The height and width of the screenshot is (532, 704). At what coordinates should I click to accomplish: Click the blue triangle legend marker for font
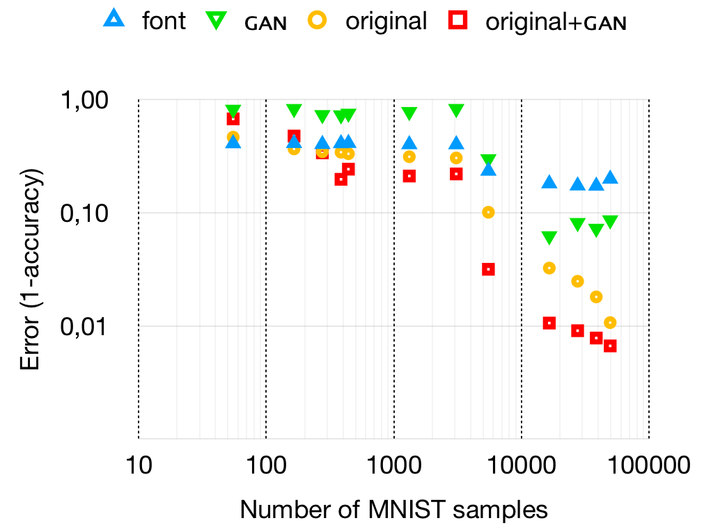tap(114, 21)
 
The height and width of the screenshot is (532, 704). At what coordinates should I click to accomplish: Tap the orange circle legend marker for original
tap(317, 21)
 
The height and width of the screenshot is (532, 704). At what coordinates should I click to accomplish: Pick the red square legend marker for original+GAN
tap(456, 22)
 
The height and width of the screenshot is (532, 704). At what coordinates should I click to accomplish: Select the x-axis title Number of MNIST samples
tap(393, 510)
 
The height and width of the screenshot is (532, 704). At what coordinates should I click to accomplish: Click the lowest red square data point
tap(611, 346)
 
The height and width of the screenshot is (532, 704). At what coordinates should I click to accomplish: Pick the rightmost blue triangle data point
tap(611, 177)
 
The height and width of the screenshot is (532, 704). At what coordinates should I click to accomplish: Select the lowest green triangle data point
tap(549, 238)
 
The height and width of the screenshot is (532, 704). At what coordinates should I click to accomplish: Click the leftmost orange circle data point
tap(233, 137)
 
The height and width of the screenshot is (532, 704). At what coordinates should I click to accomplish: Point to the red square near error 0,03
tap(488, 269)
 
